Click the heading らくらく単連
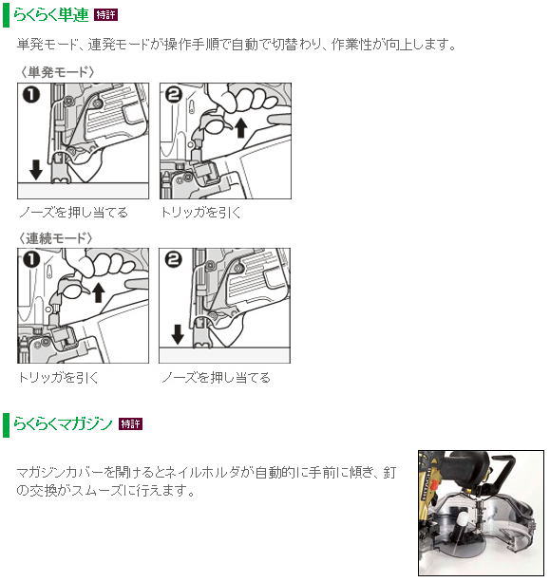[x=51, y=15]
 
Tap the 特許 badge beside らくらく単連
[x=105, y=15]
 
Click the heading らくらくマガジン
[x=63, y=423]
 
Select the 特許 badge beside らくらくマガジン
[x=130, y=423]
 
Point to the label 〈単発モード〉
[x=56, y=71]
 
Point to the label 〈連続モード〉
[x=56, y=238]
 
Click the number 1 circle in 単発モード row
[x=31, y=95]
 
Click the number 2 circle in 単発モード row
[x=174, y=95]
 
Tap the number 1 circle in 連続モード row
[x=31, y=260]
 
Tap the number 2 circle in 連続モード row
[x=173, y=260]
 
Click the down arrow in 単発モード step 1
[x=36, y=169]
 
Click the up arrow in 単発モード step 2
[x=241, y=128]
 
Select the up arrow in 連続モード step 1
[x=98, y=292]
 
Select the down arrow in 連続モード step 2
[x=178, y=334]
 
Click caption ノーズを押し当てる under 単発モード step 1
[x=73, y=213]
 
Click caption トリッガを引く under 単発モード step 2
[x=201, y=213]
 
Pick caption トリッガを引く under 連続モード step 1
[x=58, y=378]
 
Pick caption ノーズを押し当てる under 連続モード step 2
[x=216, y=378]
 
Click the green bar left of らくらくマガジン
[x=6, y=424]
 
